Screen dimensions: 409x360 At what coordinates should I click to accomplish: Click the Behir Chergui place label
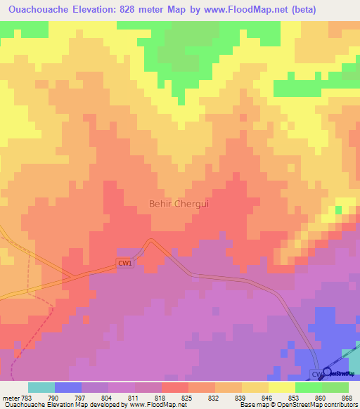click(179, 204)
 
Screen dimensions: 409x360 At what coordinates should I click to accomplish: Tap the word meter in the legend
click(11, 398)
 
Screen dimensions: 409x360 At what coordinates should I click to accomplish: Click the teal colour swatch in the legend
click(41, 387)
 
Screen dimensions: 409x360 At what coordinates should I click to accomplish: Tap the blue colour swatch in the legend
click(68, 387)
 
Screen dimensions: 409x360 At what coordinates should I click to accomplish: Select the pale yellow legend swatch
click(282, 387)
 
